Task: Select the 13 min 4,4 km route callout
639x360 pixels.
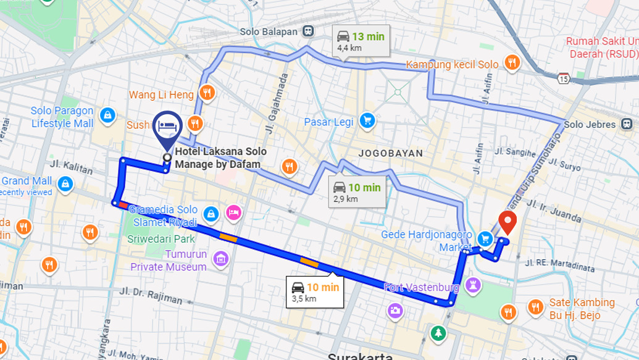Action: tap(361, 41)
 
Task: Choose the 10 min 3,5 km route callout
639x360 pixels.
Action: tap(315, 291)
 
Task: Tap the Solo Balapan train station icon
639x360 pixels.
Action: tap(308, 31)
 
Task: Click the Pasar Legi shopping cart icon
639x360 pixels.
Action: tap(368, 121)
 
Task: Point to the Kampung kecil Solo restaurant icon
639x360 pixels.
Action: tap(511, 62)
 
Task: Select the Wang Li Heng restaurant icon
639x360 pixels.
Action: tap(207, 93)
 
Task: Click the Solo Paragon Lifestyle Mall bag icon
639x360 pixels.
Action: tap(108, 115)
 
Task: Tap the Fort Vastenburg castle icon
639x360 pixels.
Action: tap(474, 284)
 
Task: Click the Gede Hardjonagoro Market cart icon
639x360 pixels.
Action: tap(485, 238)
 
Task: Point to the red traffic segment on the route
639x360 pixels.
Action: tap(123, 204)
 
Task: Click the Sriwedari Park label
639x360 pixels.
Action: tap(161, 239)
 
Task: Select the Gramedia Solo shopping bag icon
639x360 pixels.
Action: tap(211, 214)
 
